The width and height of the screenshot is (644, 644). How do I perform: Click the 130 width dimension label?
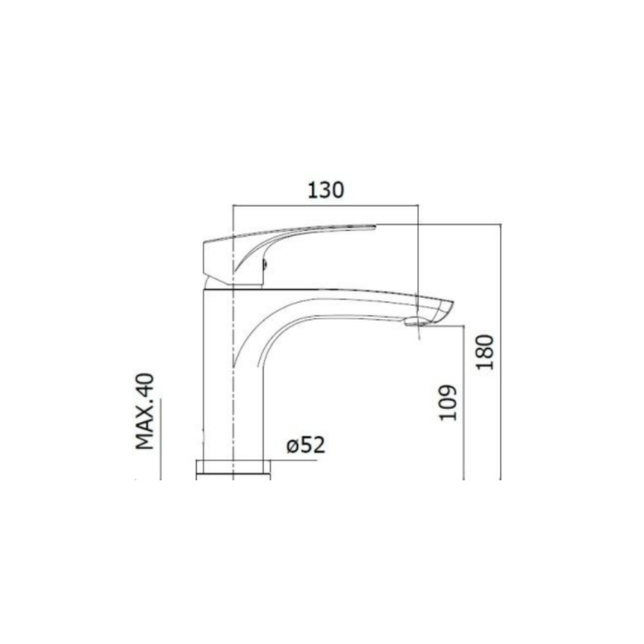(x=326, y=191)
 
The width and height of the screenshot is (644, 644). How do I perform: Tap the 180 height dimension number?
(x=485, y=352)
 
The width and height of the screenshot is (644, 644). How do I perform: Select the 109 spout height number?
(x=448, y=402)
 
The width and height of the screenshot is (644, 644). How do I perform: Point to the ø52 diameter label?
(x=306, y=445)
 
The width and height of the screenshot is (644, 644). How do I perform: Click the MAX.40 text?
(x=145, y=411)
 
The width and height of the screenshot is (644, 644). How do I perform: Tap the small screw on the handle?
(x=265, y=264)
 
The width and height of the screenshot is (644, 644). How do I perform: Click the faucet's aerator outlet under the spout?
(x=416, y=321)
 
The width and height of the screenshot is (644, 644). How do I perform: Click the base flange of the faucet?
(x=233, y=470)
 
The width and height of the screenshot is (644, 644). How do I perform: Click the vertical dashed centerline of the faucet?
(x=233, y=342)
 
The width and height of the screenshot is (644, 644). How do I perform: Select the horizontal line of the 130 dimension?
(x=326, y=205)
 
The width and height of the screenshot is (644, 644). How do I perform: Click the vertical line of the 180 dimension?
(x=501, y=352)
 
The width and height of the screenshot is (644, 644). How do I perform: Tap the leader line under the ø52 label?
(x=293, y=461)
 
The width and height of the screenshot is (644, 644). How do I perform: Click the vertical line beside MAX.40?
(x=161, y=439)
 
